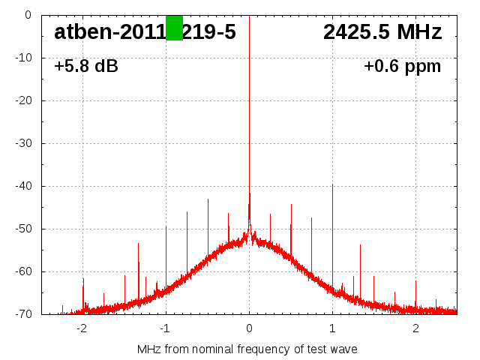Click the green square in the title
pyautogui.click(x=174, y=28)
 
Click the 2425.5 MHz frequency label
pyautogui.click(x=382, y=32)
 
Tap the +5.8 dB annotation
pyautogui.click(x=86, y=67)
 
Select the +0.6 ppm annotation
pyautogui.click(x=403, y=67)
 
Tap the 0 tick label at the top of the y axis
pyautogui.click(x=27, y=15)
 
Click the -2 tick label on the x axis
pyautogui.click(x=81, y=328)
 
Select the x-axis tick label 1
pyautogui.click(x=332, y=328)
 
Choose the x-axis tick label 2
pyautogui.click(x=415, y=328)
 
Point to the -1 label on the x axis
pyautogui.click(x=164, y=328)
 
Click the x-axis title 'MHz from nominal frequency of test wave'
pyautogui.click(x=247, y=349)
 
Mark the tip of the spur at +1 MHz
pyautogui.click(x=332, y=184)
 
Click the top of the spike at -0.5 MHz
pyautogui.click(x=208, y=199)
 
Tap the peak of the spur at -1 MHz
pyautogui.click(x=166, y=226)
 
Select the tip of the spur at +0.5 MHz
pyautogui.click(x=291, y=205)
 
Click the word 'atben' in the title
pyautogui.click(x=79, y=32)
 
